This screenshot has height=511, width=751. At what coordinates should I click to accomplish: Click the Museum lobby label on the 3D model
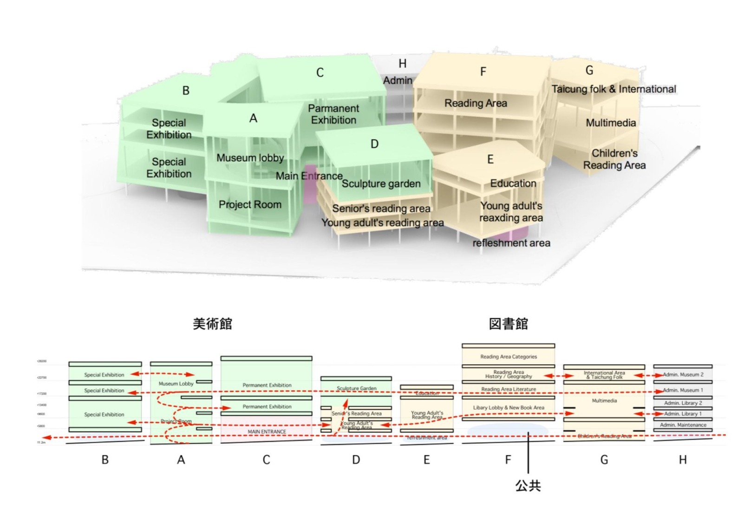point(250,158)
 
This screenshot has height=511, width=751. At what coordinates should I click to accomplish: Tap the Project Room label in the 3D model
point(250,204)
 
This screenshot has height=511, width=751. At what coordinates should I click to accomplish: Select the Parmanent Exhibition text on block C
point(333,114)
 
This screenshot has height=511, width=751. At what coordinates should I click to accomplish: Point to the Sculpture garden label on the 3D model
point(381,184)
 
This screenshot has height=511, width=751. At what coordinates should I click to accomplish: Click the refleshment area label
point(511,243)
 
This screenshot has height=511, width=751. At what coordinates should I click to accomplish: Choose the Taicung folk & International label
point(614,89)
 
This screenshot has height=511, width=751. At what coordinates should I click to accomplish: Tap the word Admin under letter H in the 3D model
point(398,80)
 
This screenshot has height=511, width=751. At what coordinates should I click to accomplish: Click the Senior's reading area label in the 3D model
point(381,209)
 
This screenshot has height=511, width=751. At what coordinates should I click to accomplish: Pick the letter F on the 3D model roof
point(483,72)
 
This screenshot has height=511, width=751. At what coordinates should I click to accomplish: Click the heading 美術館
point(212,324)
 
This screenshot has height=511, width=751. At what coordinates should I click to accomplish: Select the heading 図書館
point(508,324)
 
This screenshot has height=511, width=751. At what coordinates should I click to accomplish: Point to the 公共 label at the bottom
point(528,485)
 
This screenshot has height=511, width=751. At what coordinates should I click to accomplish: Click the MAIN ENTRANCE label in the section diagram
point(267,432)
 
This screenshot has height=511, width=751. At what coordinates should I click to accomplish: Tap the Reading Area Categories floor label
point(509,357)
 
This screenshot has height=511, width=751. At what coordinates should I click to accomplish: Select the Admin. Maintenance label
point(683,425)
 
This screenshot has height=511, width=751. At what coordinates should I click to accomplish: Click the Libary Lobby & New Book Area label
point(509,407)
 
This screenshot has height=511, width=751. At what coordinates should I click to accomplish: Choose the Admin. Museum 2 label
point(683,374)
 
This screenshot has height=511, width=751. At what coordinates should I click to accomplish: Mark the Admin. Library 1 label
point(683,413)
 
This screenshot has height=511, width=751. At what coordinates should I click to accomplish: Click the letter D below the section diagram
point(356,460)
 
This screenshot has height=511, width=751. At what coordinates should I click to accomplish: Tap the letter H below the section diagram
point(682,460)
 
